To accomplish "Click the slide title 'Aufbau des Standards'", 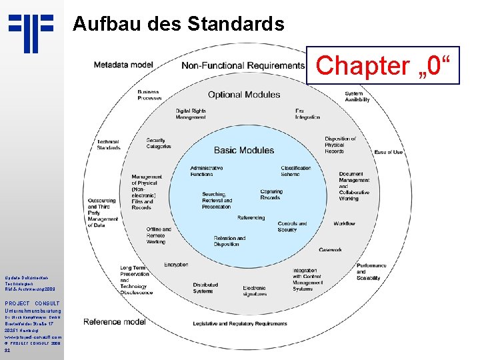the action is pos(178,25).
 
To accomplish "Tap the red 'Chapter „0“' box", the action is pos(383,66).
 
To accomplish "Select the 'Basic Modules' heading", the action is pos(243,150).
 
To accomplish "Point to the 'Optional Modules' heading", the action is pos(244,95).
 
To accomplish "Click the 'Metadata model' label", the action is pos(123,65).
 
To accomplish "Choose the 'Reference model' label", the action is pos(114,322).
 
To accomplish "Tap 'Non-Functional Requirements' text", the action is pos(243,65).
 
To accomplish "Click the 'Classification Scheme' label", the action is pos(295,171).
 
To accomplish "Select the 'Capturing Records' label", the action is pos(271,195).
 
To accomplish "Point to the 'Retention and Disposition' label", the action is pos(229,241).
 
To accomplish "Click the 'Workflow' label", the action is pos(344,223).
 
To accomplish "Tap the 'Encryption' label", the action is pos(176,265).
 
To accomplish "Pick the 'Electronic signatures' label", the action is pos(254,291).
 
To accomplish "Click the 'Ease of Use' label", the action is pos(388,152).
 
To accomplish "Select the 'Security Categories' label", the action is pos(159,143).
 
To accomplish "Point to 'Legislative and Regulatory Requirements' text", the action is pos(239,323).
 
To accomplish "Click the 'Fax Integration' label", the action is pos(307,114).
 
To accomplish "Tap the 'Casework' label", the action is pos(330,250).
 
